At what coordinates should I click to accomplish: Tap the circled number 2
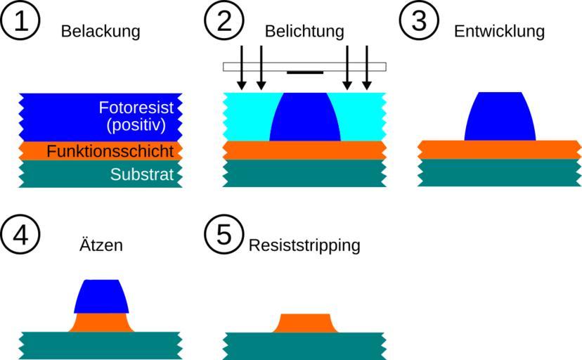[224, 21]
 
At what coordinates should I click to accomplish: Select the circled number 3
[419, 21]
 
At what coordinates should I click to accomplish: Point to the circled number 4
[20, 235]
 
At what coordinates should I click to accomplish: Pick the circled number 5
[224, 235]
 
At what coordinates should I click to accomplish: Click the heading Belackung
[101, 32]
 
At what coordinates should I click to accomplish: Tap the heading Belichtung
[304, 32]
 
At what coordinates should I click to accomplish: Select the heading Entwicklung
[499, 32]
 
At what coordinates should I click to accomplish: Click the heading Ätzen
[101, 245]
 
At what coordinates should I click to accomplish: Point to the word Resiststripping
[304, 245]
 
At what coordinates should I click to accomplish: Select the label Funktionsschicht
[110, 151]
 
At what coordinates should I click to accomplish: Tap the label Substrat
[141, 174]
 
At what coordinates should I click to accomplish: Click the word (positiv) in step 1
[136, 127]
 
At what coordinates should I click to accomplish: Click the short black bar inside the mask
[305, 72]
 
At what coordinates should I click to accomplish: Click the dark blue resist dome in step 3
[500, 117]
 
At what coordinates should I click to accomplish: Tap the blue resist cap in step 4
[102, 296]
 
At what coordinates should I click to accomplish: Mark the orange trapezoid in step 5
[304, 323]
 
